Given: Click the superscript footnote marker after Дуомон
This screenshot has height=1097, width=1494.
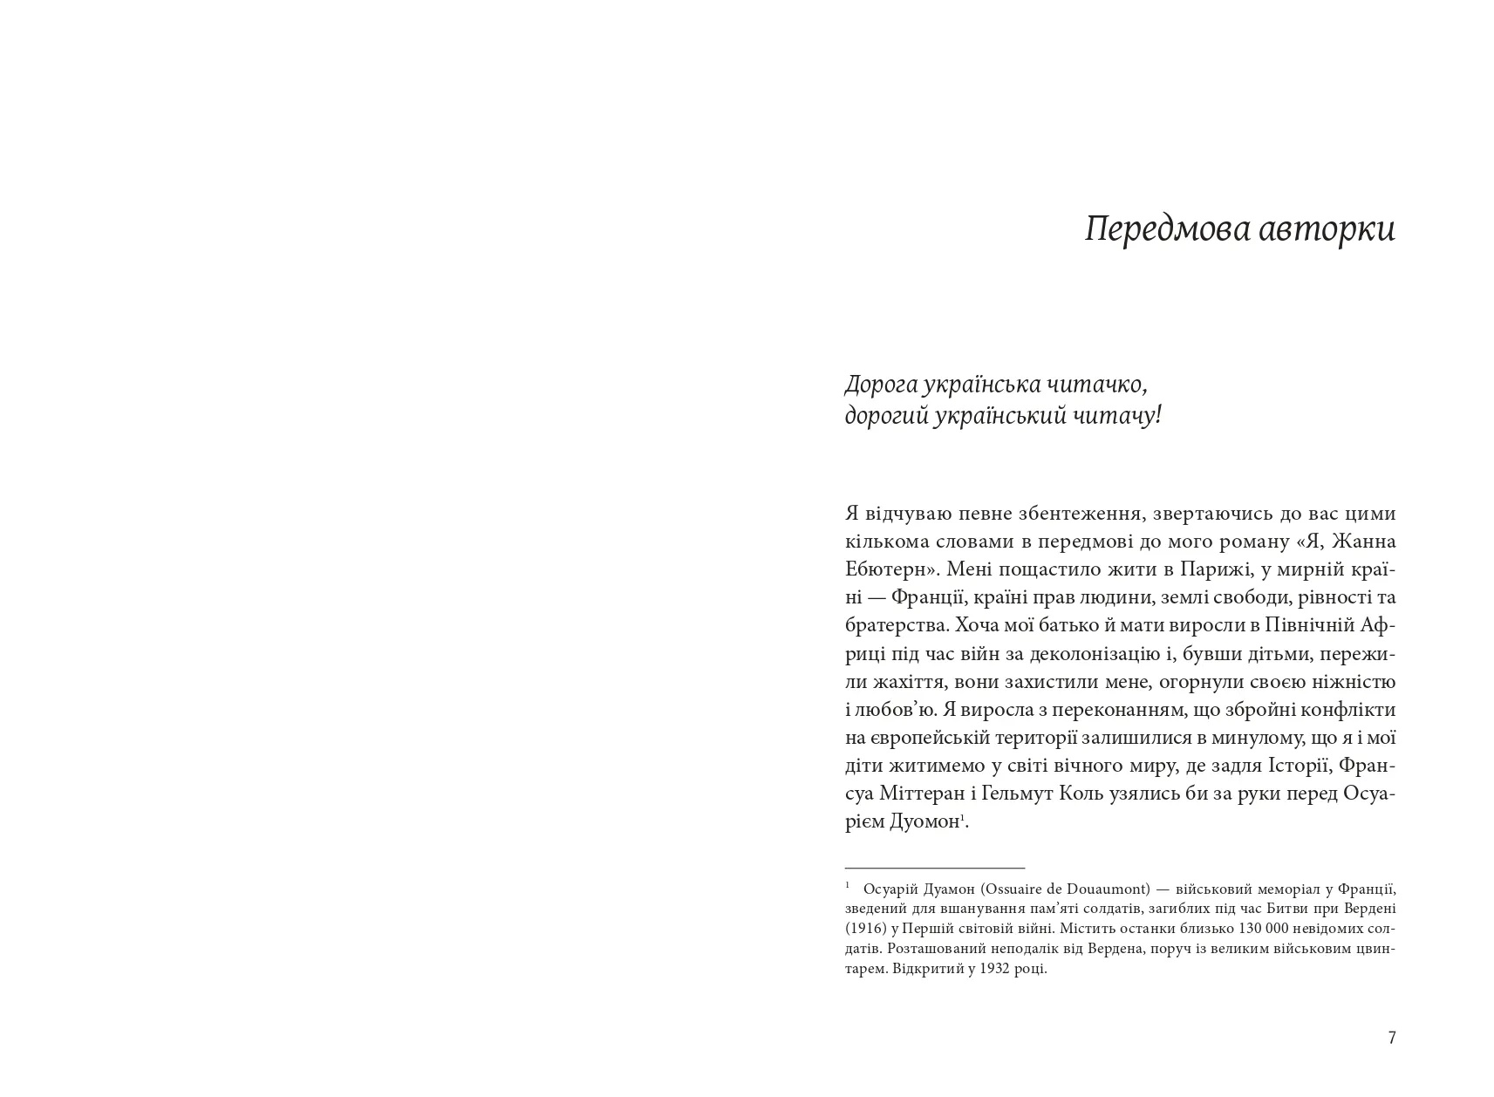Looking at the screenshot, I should (x=963, y=818).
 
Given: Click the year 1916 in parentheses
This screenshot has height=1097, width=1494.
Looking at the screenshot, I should (x=859, y=929).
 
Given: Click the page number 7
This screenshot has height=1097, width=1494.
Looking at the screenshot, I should (x=1392, y=1038).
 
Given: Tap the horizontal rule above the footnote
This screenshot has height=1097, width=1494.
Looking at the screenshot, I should (x=934, y=868).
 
